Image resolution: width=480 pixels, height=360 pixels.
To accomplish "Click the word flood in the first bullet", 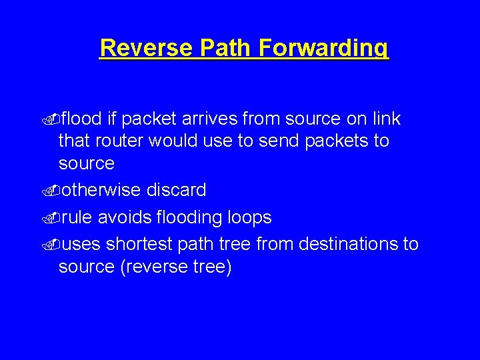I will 81,119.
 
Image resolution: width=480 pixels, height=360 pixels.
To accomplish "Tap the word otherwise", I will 101,191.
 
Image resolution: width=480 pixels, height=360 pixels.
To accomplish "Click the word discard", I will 176,191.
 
